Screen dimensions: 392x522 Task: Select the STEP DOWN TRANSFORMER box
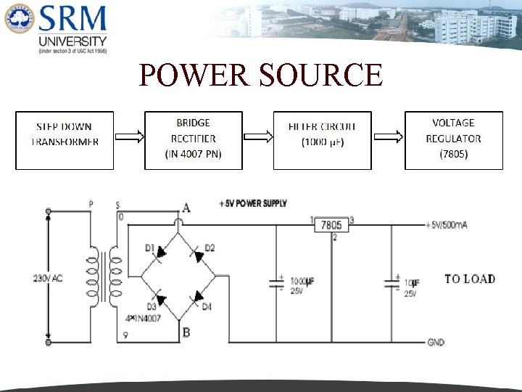tap(65, 140)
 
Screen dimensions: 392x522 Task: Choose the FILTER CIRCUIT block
tap(322, 140)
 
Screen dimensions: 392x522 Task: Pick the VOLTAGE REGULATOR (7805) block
tap(453, 140)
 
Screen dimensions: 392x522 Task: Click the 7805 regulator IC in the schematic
tap(331, 225)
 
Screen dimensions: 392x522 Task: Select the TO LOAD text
tap(470, 279)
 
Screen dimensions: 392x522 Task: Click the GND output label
tap(436, 342)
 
